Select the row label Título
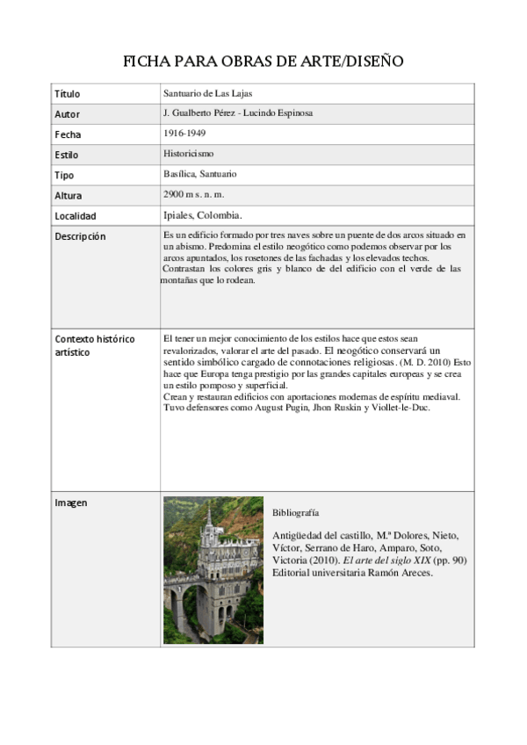pyautogui.click(x=67, y=93)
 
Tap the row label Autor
pyautogui.click(x=67, y=114)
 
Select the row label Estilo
pyautogui.click(x=66, y=155)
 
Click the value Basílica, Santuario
pyautogui.click(x=199, y=174)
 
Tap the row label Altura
pyautogui.click(x=68, y=195)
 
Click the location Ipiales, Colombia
pyautogui.click(x=202, y=215)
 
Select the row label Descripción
pyautogui.click(x=80, y=236)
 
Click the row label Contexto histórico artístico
pyautogui.click(x=94, y=345)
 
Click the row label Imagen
pyautogui.click(x=71, y=503)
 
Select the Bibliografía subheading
pyautogui.click(x=295, y=511)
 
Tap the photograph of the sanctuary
pyautogui.click(x=213, y=571)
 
